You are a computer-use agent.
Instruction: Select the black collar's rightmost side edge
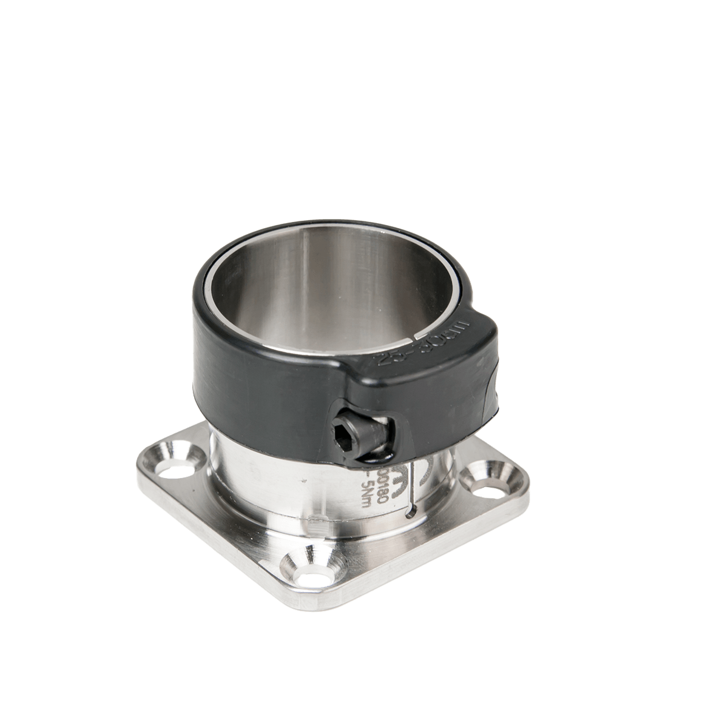pos(497,388)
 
